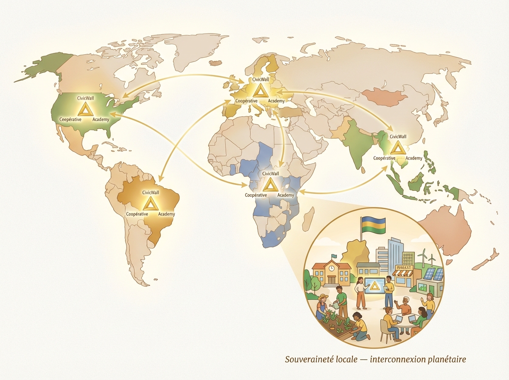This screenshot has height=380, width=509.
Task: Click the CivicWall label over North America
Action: coord(86,98)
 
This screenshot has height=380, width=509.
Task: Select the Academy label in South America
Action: coord(166,214)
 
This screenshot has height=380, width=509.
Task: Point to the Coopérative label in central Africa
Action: coord(256,195)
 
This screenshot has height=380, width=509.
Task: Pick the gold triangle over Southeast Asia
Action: coord(398,148)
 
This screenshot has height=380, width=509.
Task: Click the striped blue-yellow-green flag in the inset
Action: coord(373,223)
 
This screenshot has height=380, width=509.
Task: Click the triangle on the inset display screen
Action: coord(373,287)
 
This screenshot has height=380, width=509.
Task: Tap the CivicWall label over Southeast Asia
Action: coord(398,137)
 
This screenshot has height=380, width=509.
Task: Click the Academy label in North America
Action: coord(101,119)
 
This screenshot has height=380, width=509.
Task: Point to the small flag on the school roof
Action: coord(334,256)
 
